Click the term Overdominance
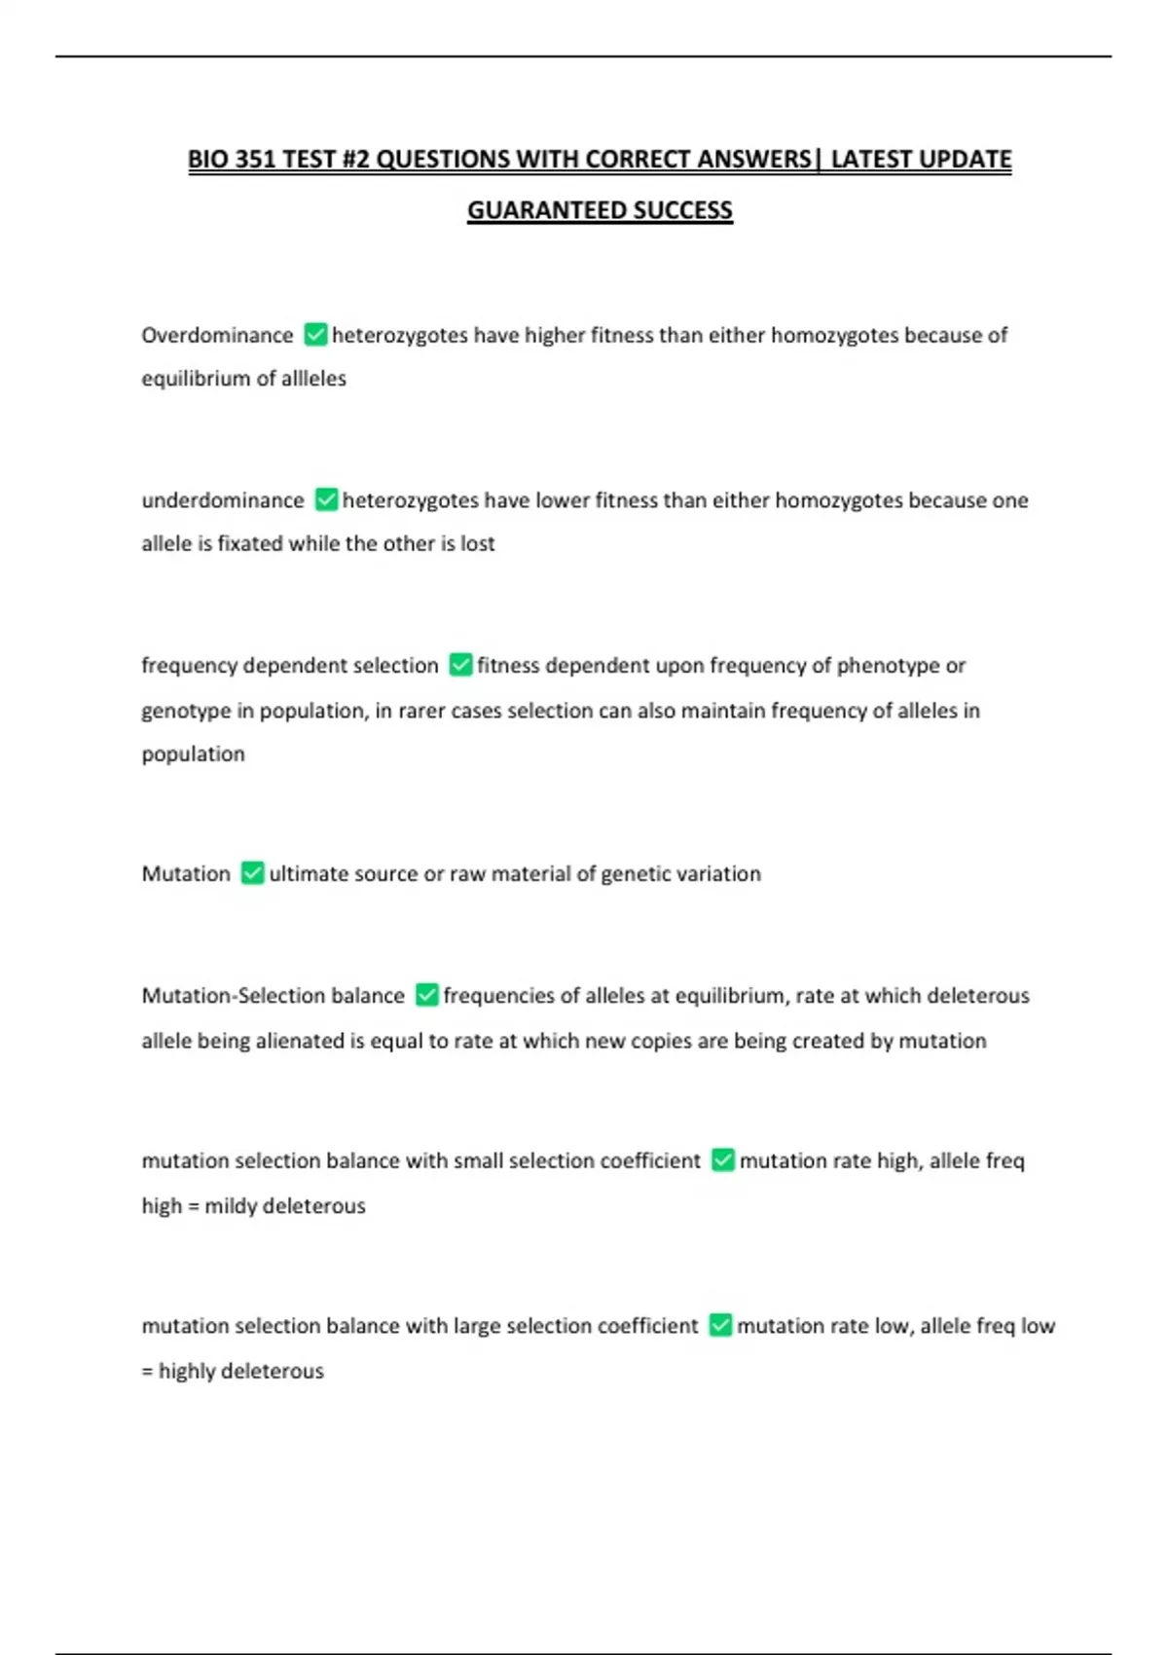point(217,336)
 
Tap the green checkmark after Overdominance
point(315,335)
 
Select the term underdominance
point(223,500)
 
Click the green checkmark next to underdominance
point(327,500)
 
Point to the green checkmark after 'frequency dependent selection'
point(460,665)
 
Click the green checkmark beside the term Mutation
point(252,873)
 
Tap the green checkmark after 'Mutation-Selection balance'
point(426,995)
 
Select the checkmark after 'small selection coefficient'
point(722,1160)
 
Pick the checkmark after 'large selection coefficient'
point(720,1325)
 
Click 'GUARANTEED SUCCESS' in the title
point(600,210)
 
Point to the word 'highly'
point(187,1371)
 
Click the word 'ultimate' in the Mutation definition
point(306,873)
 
